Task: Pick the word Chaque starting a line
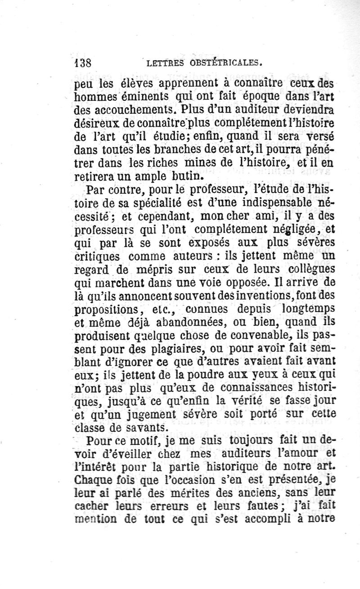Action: (x=94, y=477)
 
